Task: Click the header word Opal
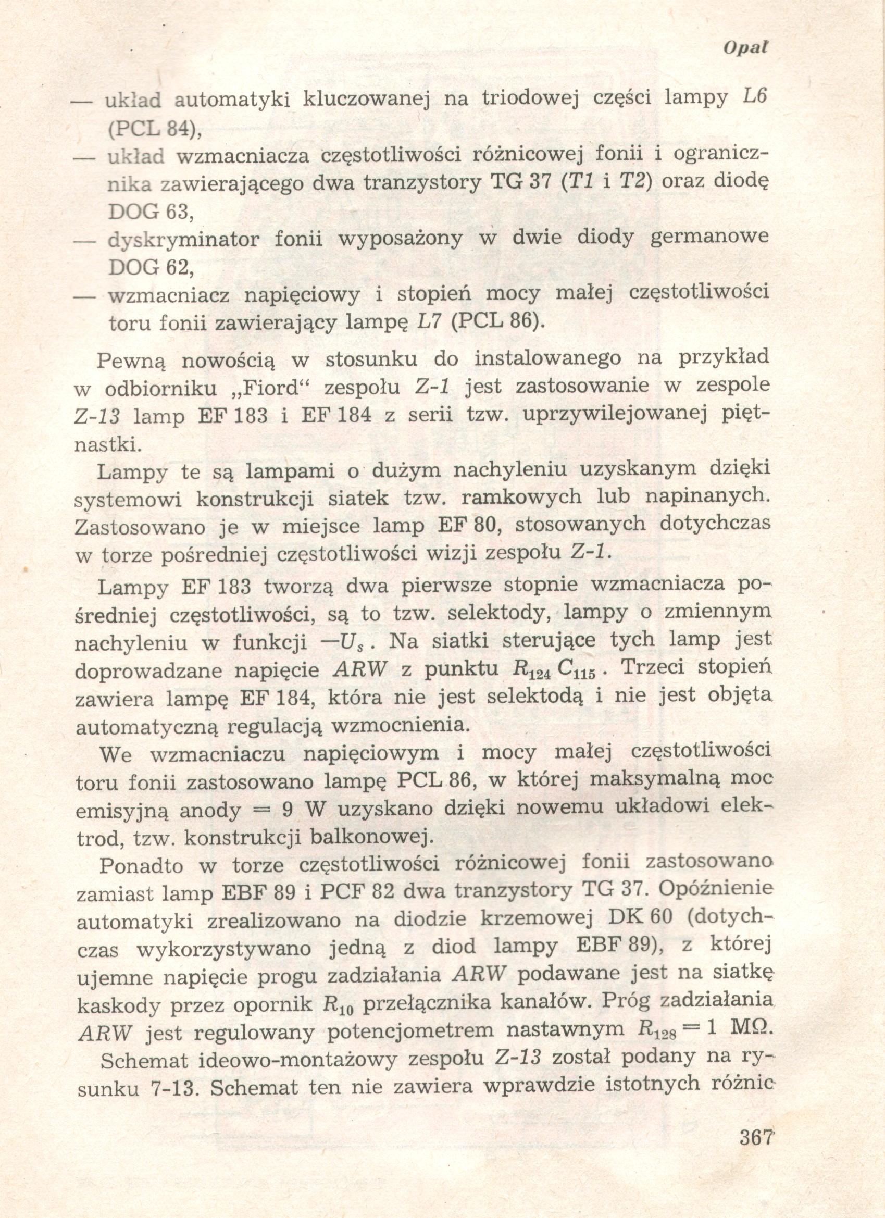(x=745, y=48)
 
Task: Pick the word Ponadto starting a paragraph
(x=141, y=866)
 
